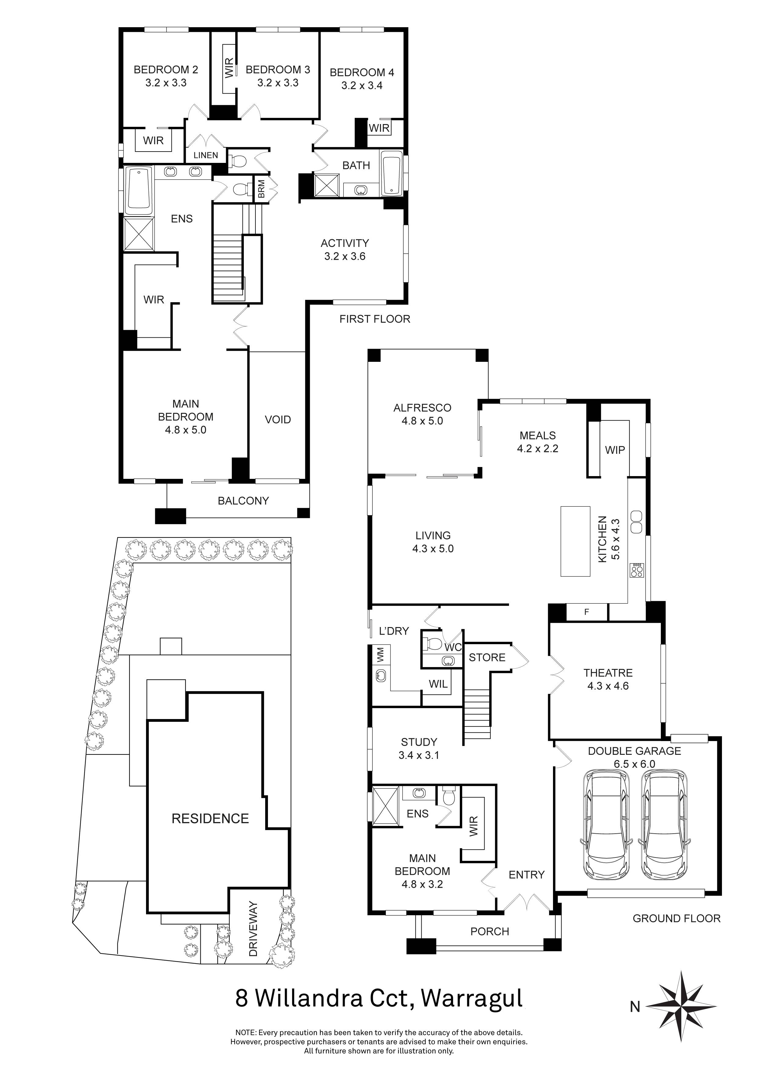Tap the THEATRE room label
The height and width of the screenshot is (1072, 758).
click(x=608, y=673)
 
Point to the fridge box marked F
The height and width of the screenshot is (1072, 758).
click(x=587, y=612)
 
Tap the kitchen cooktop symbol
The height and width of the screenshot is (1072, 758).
click(x=637, y=570)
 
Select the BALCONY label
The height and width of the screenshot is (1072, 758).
click(x=243, y=501)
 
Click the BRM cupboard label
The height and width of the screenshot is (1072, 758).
click(x=262, y=189)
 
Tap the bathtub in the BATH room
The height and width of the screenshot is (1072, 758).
click(x=391, y=174)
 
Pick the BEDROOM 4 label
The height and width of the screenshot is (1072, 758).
click(x=362, y=72)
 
